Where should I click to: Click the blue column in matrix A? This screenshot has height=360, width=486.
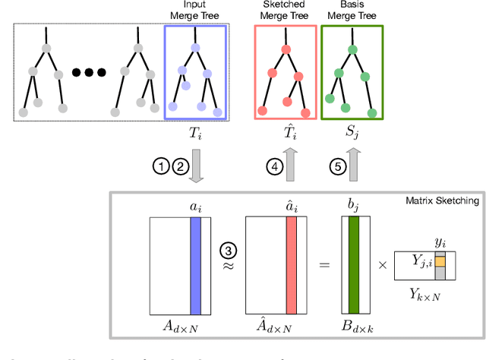click(196, 265)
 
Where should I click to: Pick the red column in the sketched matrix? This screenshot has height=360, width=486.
click(292, 265)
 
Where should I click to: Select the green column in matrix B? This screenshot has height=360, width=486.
click(352, 265)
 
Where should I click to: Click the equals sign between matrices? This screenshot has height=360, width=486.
click(323, 265)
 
